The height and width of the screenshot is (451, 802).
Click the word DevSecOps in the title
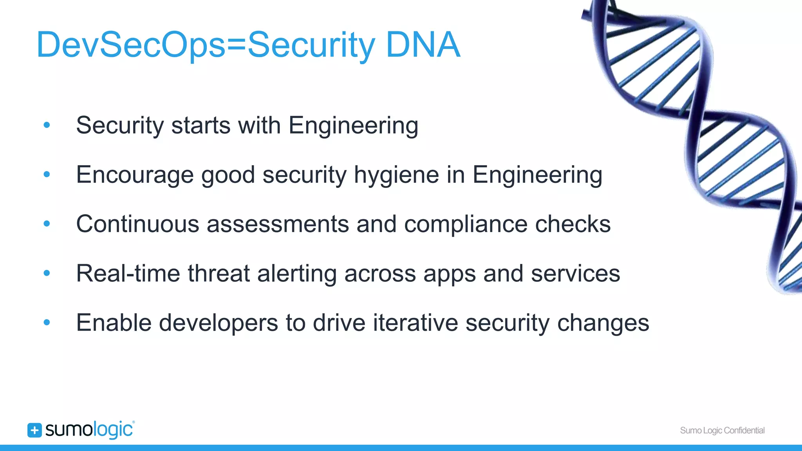pos(131,45)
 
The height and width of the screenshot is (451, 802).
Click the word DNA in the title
pos(423,45)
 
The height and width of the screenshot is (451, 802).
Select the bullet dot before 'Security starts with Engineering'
pos(47,125)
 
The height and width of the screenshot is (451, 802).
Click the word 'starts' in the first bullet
pos(201,126)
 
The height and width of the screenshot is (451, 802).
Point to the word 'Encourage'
pos(135,175)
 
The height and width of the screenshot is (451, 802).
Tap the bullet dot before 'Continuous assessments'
pos(47,224)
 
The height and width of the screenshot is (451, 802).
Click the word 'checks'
pos(573,224)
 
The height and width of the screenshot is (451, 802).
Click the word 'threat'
pos(219,273)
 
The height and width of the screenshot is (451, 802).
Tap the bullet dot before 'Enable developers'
pos(47,323)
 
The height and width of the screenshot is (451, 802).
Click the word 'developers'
pos(218,323)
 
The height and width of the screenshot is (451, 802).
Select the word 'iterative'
pos(415,323)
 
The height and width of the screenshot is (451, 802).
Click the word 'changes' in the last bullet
pos(603,323)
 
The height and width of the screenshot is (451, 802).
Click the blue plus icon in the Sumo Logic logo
pos(34,430)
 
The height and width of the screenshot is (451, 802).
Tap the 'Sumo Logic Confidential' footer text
pos(722,430)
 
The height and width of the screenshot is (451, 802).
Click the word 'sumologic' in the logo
pos(89,430)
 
